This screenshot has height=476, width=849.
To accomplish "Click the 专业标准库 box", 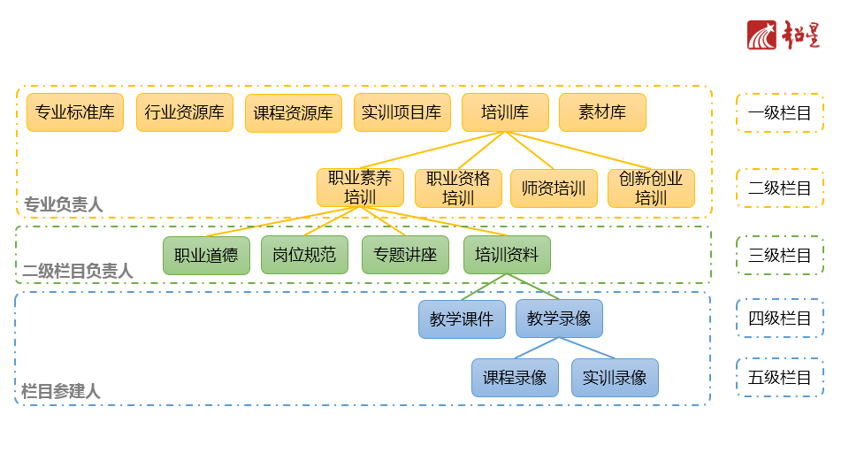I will pos(75,112).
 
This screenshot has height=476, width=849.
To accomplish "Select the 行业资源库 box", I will pos(185,112).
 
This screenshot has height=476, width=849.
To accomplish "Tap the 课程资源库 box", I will pos(294,113).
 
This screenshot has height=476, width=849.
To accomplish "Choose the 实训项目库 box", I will pos(402,112).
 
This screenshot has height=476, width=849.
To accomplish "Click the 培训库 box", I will pos(505,112).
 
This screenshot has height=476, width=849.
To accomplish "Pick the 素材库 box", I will pos(602,112).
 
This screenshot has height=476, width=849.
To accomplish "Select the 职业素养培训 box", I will pos(360,188).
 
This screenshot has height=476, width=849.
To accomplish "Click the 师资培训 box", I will pos(554,188).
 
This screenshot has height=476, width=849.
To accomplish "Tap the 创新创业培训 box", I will pos(651,188).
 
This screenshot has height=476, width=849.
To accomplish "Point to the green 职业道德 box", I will pos(206,255).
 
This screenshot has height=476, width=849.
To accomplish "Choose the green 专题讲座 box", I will pos(405,255).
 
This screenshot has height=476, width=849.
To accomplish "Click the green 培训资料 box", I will pos(507,255).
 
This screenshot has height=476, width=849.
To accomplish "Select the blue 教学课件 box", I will pos(462,319).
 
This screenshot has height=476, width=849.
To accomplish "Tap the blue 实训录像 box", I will pos(615,378).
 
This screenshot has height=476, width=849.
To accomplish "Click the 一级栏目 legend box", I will pos(779,113).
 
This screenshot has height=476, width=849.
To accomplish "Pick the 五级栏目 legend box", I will pos(779,378).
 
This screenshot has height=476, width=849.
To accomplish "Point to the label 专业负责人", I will pos(64,204).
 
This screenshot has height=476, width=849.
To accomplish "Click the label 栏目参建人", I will pos(61,390).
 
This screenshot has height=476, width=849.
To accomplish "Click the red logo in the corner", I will pos(784,35).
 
